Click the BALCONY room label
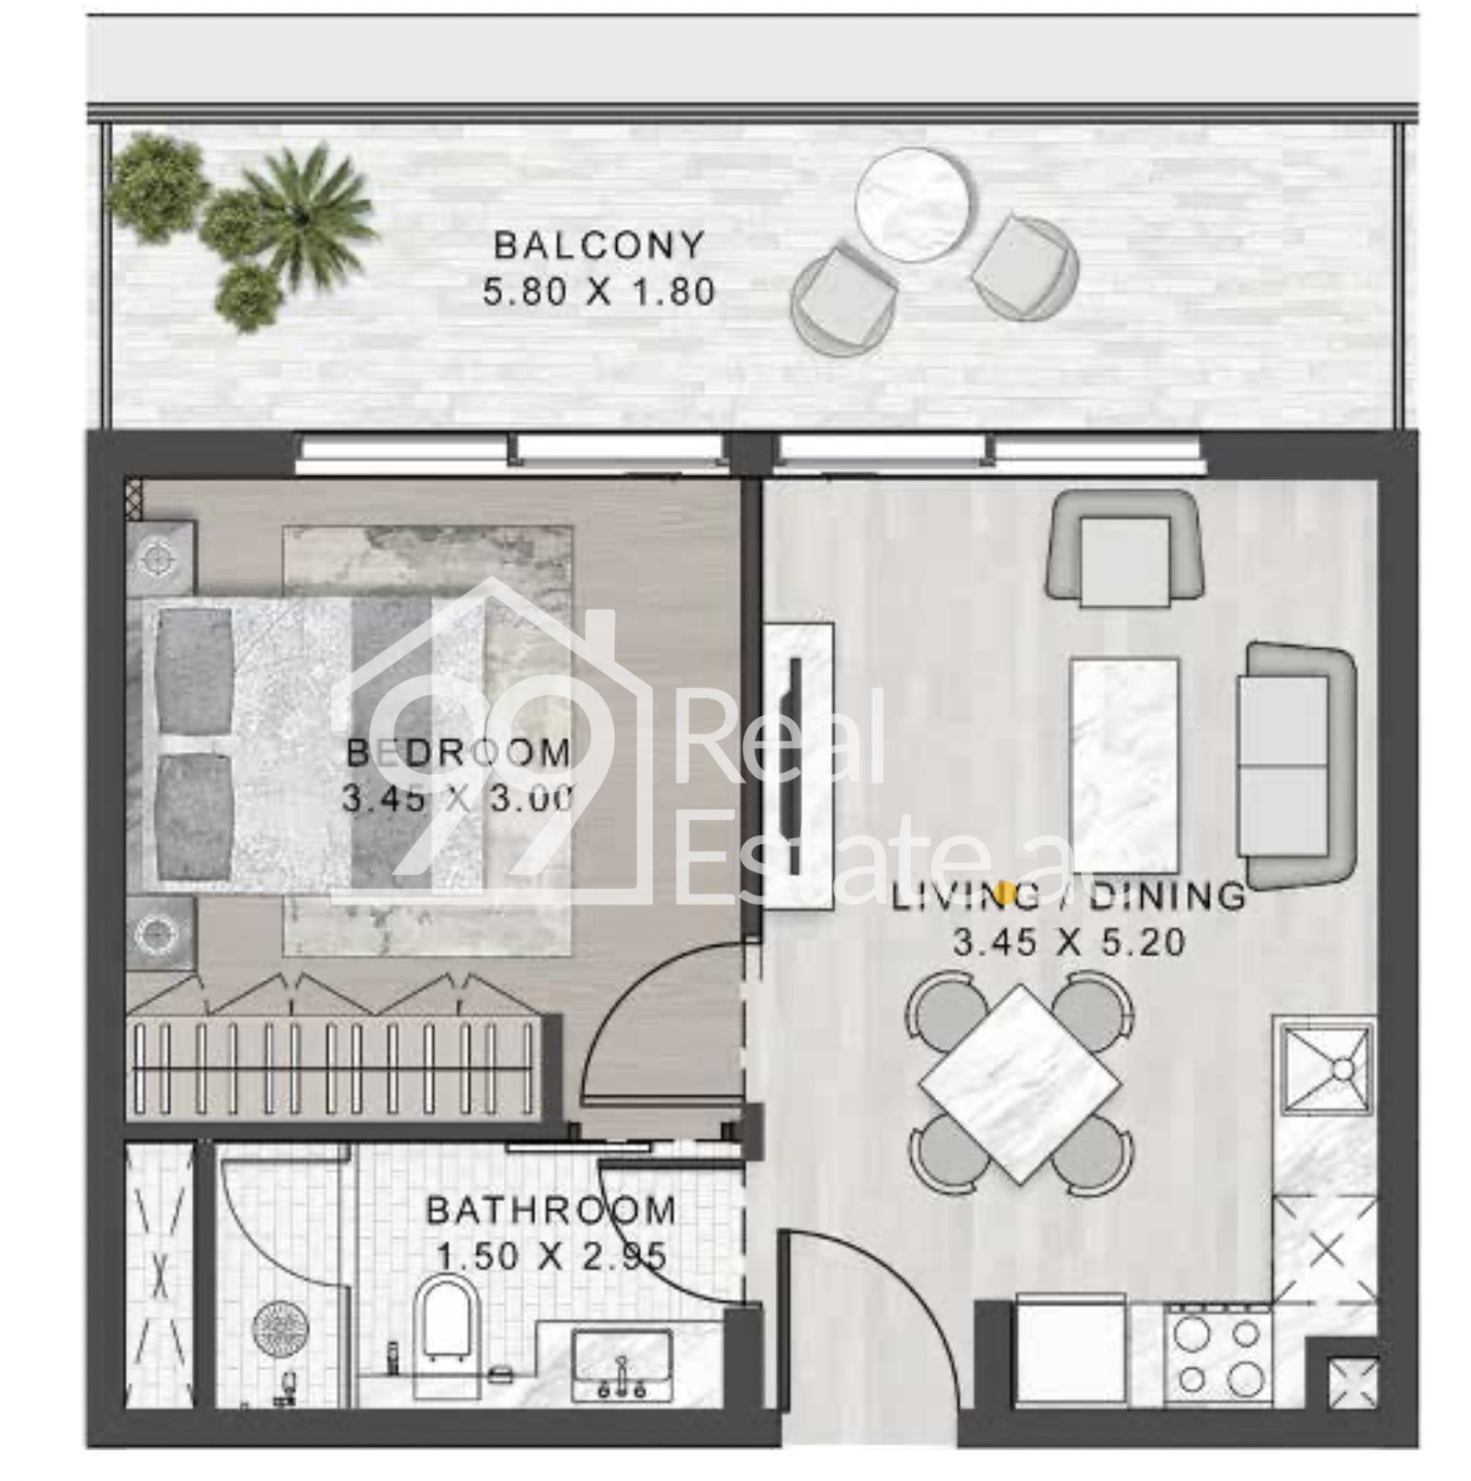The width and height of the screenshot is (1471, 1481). coord(599,245)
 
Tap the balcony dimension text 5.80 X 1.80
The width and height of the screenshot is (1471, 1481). coord(599,291)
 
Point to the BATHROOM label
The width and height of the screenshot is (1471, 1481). coord(552,1210)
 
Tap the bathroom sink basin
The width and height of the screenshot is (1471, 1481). coord(622,1363)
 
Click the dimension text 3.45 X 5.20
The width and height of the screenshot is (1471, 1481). coord(1068,942)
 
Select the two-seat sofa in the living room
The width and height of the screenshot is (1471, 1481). coord(1296,766)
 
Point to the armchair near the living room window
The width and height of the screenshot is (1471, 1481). coord(1124,548)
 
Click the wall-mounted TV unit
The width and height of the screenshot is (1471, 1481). coord(798,767)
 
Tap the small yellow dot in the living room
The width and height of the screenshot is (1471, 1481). coord(1006,890)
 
